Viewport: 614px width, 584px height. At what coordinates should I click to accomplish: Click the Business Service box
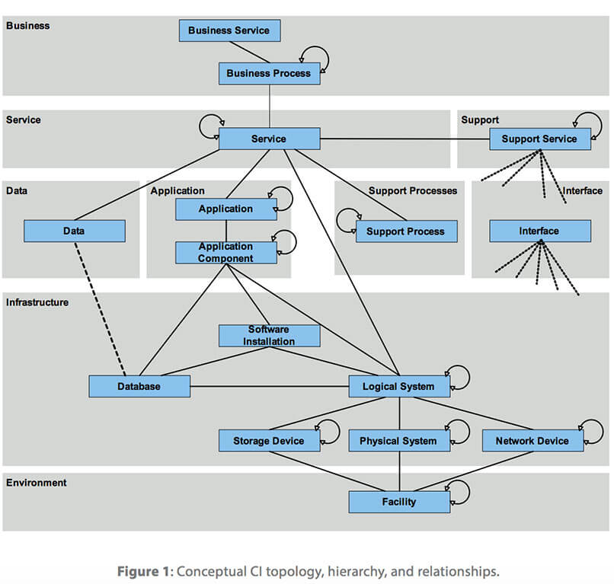229,30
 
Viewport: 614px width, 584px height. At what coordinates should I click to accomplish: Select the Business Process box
269,73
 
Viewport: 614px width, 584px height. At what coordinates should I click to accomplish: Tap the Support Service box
539,139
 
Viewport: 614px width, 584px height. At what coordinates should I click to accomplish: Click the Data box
74,231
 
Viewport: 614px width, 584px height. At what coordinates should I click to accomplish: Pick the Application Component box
225,252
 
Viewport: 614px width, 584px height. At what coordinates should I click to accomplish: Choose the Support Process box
406,231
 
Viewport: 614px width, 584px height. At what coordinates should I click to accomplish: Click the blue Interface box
539,231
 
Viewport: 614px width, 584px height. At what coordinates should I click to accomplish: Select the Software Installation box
269,336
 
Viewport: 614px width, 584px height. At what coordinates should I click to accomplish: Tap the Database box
139,386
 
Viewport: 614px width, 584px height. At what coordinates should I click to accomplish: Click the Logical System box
399,386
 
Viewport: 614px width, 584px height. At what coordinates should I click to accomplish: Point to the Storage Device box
268,441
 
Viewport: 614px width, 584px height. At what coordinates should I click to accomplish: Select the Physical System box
398,441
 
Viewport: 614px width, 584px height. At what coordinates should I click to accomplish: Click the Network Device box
532,441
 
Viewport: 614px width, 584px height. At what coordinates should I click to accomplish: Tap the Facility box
398,502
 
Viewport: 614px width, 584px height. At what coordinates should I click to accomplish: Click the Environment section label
36,483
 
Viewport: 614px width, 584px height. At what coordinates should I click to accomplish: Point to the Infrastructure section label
37,302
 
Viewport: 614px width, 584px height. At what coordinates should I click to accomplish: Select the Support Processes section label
412,190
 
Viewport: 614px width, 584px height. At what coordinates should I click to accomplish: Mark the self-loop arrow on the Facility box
459,491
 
